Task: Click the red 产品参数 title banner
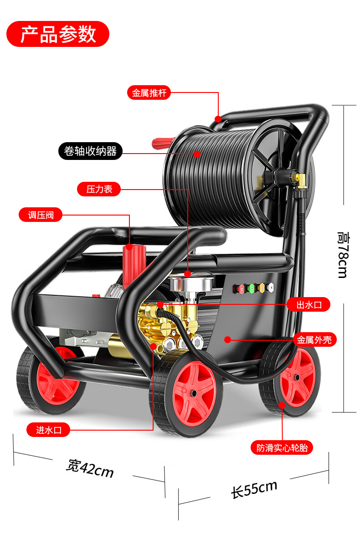(x=58, y=34)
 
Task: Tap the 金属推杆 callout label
(x=149, y=93)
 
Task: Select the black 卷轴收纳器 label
(x=90, y=151)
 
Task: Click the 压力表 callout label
(x=99, y=189)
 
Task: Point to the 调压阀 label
(x=41, y=215)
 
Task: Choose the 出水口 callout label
(x=309, y=304)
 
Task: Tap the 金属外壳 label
(x=314, y=339)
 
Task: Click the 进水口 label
(x=48, y=430)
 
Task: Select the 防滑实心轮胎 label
(x=282, y=447)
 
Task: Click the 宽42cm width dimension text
(x=90, y=468)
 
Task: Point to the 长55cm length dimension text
(x=254, y=489)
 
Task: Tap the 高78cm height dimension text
(x=344, y=255)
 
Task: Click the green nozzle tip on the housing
(x=251, y=288)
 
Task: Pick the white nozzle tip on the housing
(x=271, y=288)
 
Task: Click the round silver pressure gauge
(x=191, y=283)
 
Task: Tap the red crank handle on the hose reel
(x=161, y=143)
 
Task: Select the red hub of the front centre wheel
(x=194, y=393)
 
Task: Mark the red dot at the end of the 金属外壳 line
(x=227, y=339)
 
